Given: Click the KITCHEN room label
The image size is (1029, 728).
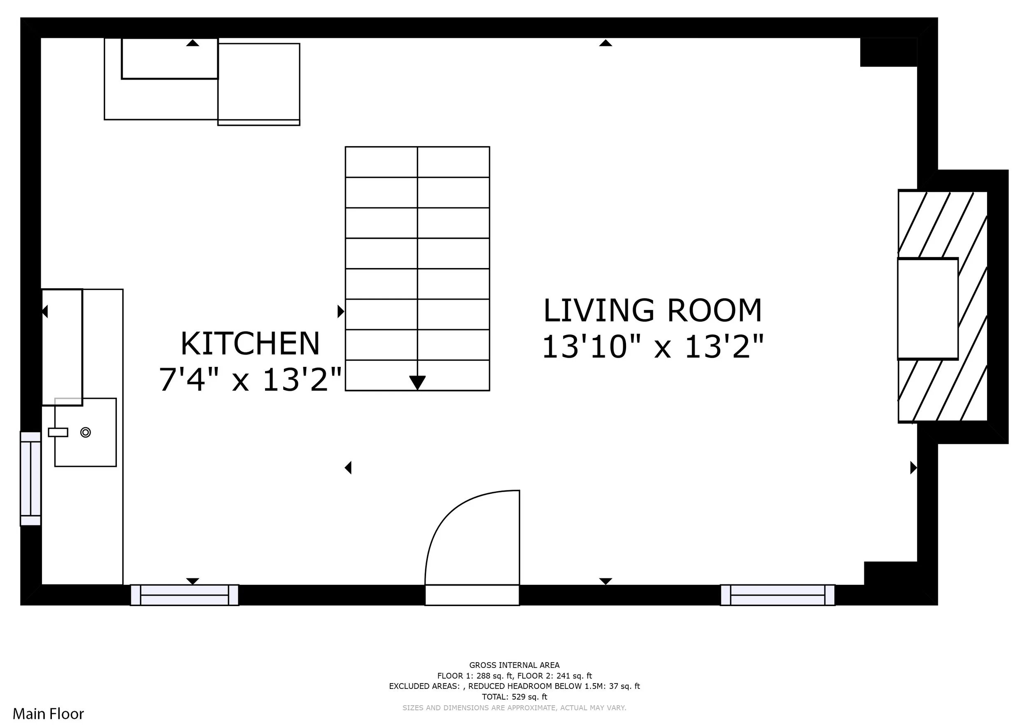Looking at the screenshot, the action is tap(250, 344).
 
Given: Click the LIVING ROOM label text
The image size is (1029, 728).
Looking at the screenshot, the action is tap(652, 310).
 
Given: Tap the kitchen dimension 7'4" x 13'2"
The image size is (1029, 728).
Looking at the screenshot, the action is tap(251, 379).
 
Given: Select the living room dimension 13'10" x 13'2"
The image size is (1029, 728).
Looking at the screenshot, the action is tap(652, 347).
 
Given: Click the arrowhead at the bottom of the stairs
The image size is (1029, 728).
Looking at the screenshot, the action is tap(417, 383).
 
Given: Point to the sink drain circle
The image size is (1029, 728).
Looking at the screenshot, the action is tap(86, 432).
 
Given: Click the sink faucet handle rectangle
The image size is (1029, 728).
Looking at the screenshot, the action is tap(58, 432).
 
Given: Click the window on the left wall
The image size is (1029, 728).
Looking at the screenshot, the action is tap(30, 478).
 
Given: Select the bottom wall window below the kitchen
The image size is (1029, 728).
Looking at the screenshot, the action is tap(185, 595).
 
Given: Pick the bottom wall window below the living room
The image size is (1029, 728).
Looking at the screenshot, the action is tap(778, 595).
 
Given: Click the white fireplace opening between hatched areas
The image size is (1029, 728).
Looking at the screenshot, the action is tap(928, 309).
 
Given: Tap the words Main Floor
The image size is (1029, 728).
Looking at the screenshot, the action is tap(49, 713).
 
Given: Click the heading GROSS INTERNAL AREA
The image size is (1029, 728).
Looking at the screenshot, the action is tap(514, 665).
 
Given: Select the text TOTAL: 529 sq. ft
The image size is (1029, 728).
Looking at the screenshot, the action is tap(514, 697).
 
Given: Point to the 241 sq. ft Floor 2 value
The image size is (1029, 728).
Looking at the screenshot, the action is tap(574, 676).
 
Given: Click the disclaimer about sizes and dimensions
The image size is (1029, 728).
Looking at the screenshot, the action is tap(514, 708).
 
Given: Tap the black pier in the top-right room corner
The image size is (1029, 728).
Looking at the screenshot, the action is tap(888, 52).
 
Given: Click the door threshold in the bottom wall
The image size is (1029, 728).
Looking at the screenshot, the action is tap(472, 595).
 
